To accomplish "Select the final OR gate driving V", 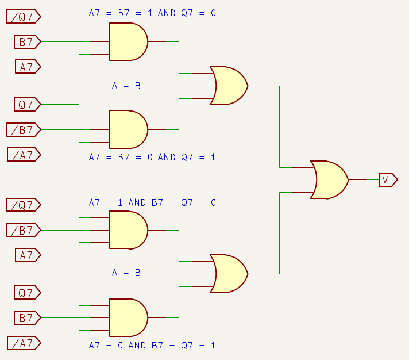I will [x=329, y=180].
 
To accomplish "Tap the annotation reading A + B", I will [x=126, y=86].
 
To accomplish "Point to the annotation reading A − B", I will [x=126, y=273].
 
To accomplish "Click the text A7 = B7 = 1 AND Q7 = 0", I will [x=152, y=13].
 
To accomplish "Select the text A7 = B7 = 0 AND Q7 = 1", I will [x=152, y=157].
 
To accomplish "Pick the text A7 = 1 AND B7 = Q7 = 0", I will [x=152, y=202].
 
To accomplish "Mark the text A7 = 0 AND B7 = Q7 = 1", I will [x=152, y=346].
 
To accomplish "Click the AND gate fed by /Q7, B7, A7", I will [x=128, y=42].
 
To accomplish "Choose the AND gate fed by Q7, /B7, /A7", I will [x=128, y=129].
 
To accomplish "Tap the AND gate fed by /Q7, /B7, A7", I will [x=128, y=230].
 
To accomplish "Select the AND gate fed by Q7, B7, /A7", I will [x=128, y=317].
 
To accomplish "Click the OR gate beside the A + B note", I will [x=229, y=86].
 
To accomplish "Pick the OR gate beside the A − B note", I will [x=229, y=274].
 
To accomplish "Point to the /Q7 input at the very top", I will [x=24, y=17].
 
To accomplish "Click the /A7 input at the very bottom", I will [x=24, y=343].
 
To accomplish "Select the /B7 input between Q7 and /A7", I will [x=24, y=129].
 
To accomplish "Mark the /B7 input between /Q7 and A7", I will [x=24, y=230].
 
